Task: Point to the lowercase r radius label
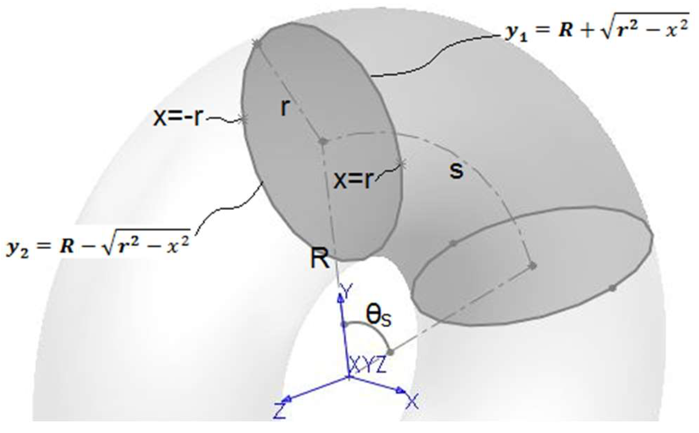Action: pyautogui.click(x=284, y=108)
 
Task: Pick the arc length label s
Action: pyautogui.click(x=456, y=170)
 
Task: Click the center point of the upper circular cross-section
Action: pyautogui.click(x=323, y=141)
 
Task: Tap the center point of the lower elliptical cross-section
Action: pyautogui.click(x=533, y=265)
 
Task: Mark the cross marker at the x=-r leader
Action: pyautogui.click(x=244, y=119)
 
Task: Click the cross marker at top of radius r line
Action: pyautogui.click(x=256, y=43)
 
